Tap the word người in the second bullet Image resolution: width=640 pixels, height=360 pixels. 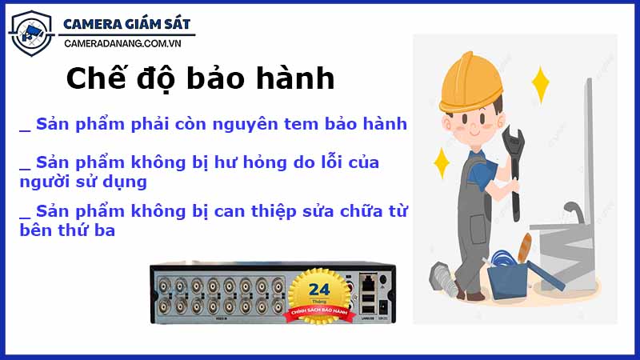46,182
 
